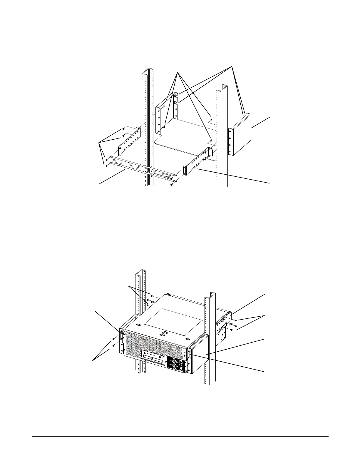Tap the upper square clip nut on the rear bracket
coord(175,96)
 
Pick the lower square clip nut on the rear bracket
coord(176,103)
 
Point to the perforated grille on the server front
coord(144,344)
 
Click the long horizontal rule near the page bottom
coord(180,436)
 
